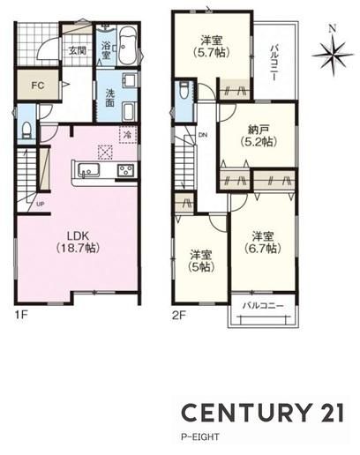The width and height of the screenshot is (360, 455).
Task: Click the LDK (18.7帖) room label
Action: coord(78,242)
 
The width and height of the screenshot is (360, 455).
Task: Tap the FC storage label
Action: coord(38,86)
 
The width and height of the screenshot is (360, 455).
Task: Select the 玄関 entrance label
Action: coord(78,51)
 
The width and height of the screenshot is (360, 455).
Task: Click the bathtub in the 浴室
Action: coord(128,46)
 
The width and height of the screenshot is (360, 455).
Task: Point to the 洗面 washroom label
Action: coord(109,98)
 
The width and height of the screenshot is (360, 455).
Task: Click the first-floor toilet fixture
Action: coord(26,131)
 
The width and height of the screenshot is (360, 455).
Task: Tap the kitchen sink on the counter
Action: coord(88,170)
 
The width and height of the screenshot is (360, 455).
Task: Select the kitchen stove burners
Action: coord(125,170)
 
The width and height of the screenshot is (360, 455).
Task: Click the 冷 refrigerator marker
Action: coord(128,135)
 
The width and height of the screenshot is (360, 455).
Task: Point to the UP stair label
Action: coord(41,204)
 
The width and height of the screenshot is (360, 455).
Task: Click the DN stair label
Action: coord(203,135)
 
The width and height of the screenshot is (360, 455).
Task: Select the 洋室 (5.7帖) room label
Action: coord(211,46)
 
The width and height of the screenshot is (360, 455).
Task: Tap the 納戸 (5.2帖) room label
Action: coord(259,136)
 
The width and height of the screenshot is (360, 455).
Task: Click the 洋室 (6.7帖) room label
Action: coord(263,242)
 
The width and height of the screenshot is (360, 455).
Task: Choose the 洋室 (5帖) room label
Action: coord(201,261)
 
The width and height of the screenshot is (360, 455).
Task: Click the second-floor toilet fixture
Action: coord(184,90)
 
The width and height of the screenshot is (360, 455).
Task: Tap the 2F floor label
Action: coord(179,316)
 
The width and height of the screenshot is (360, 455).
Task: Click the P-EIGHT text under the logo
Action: coord(200,436)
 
